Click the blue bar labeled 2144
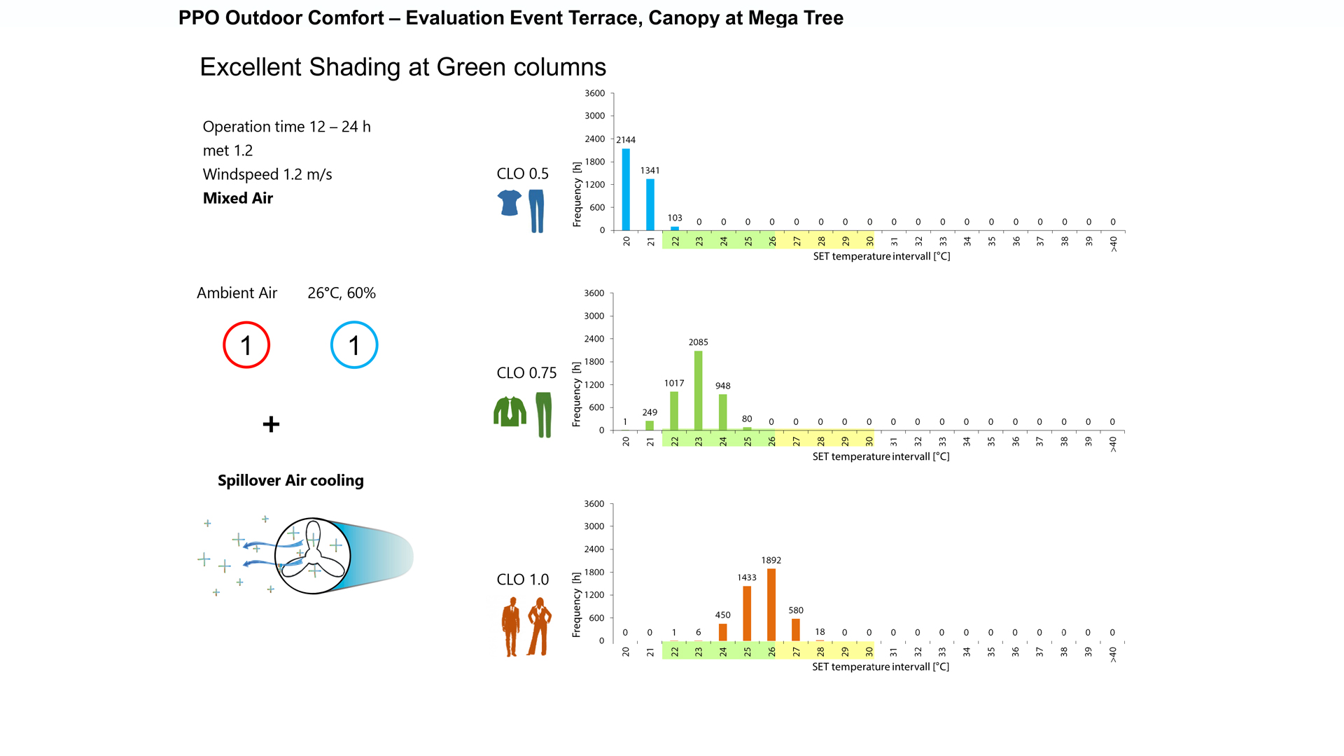pyautogui.click(x=626, y=189)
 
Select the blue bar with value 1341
pyautogui.click(x=650, y=204)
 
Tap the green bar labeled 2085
pyautogui.click(x=699, y=390)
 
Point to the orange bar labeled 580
pyautogui.click(x=796, y=629)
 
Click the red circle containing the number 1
pyautogui.click(x=246, y=345)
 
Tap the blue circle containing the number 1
pyautogui.click(x=354, y=345)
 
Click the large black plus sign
pyautogui.click(x=271, y=424)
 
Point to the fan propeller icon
pyautogui.click(x=312, y=556)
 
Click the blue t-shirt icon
pyautogui.click(x=510, y=203)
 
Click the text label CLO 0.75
pyautogui.click(x=526, y=373)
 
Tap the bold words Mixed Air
pyautogui.click(x=238, y=198)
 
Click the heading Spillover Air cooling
pyautogui.click(x=290, y=480)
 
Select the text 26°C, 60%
pyautogui.click(x=342, y=293)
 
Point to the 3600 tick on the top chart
pyautogui.click(x=595, y=93)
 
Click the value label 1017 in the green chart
pyautogui.click(x=674, y=383)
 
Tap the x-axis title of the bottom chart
pyautogui.click(x=881, y=666)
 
